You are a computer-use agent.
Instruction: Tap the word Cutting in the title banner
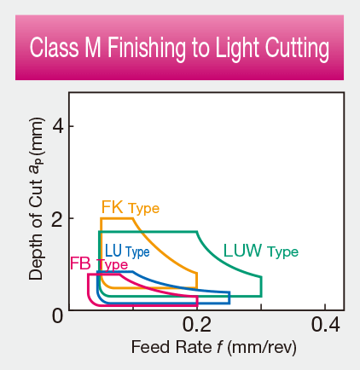point(296,49)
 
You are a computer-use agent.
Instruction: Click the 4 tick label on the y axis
point(58,126)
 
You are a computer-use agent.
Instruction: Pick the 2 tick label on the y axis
point(58,220)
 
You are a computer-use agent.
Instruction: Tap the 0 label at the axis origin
point(58,315)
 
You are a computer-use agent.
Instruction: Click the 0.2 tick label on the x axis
point(197,325)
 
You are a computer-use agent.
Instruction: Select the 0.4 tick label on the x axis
point(326,325)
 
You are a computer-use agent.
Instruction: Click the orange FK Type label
point(130,207)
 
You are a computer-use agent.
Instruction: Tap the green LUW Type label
point(260,251)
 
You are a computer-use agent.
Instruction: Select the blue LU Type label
point(127,251)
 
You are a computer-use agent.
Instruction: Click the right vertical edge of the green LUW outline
point(261,286)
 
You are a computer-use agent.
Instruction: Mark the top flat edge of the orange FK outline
point(117,219)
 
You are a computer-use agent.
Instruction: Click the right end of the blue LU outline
point(229,298)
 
